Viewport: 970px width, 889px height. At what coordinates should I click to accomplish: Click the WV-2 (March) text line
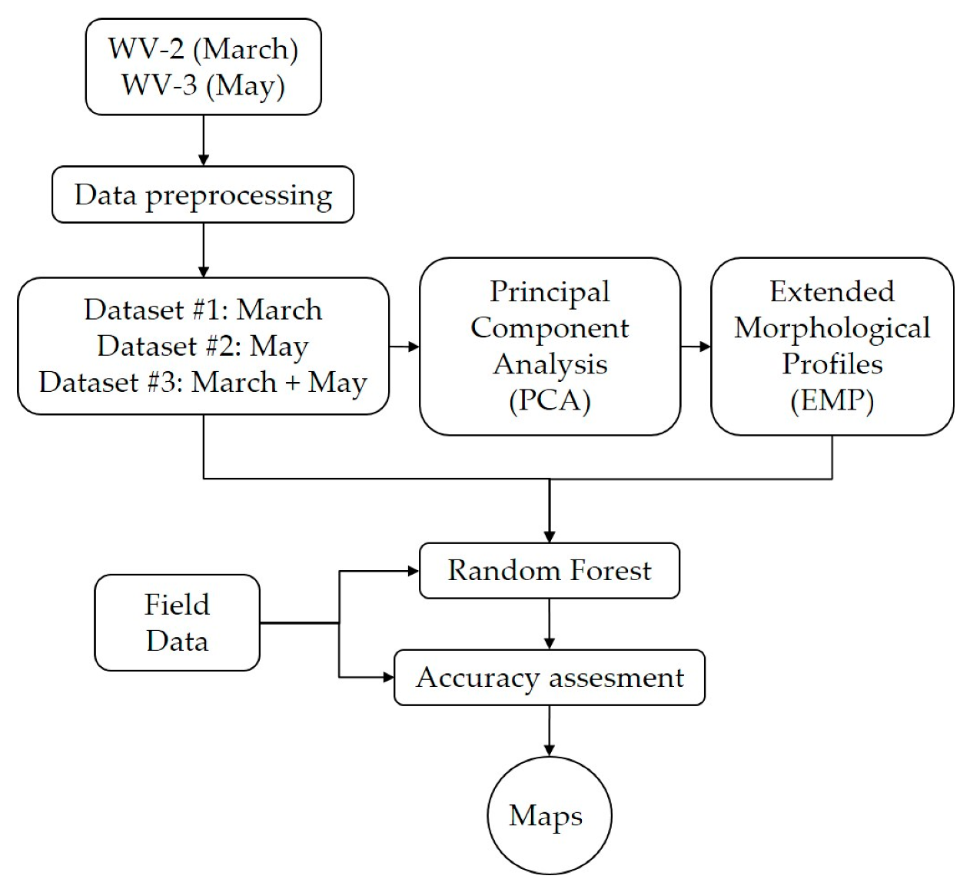[203, 49]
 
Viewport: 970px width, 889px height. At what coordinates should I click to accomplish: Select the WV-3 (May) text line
[203, 85]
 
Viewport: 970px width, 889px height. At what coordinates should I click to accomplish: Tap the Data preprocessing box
[203, 195]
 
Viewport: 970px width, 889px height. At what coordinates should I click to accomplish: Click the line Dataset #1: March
[203, 310]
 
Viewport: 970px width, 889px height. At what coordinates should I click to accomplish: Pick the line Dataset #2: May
[203, 346]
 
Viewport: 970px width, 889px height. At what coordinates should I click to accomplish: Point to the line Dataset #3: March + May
[203, 382]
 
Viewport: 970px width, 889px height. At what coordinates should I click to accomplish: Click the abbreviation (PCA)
[550, 400]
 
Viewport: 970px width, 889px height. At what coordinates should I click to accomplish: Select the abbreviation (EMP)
[832, 400]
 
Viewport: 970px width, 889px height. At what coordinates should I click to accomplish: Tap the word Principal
[550, 292]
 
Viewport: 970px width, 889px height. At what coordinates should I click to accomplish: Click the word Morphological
[832, 328]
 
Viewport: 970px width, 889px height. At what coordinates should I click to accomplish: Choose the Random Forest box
[549, 571]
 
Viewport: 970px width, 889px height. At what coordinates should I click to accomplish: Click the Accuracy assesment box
[549, 678]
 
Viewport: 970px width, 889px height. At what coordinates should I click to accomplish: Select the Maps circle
[549, 815]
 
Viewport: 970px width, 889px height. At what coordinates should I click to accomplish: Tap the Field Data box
[177, 622]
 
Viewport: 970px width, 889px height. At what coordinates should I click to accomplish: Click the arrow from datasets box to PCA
[404, 347]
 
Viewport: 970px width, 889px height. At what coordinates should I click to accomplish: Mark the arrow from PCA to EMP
[696, 347]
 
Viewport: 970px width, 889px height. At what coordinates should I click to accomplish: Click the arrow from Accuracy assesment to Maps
[549, 731]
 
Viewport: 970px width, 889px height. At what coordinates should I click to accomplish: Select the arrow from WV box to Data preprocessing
[203, 141]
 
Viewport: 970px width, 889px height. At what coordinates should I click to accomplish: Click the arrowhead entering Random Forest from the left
[413, 571]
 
